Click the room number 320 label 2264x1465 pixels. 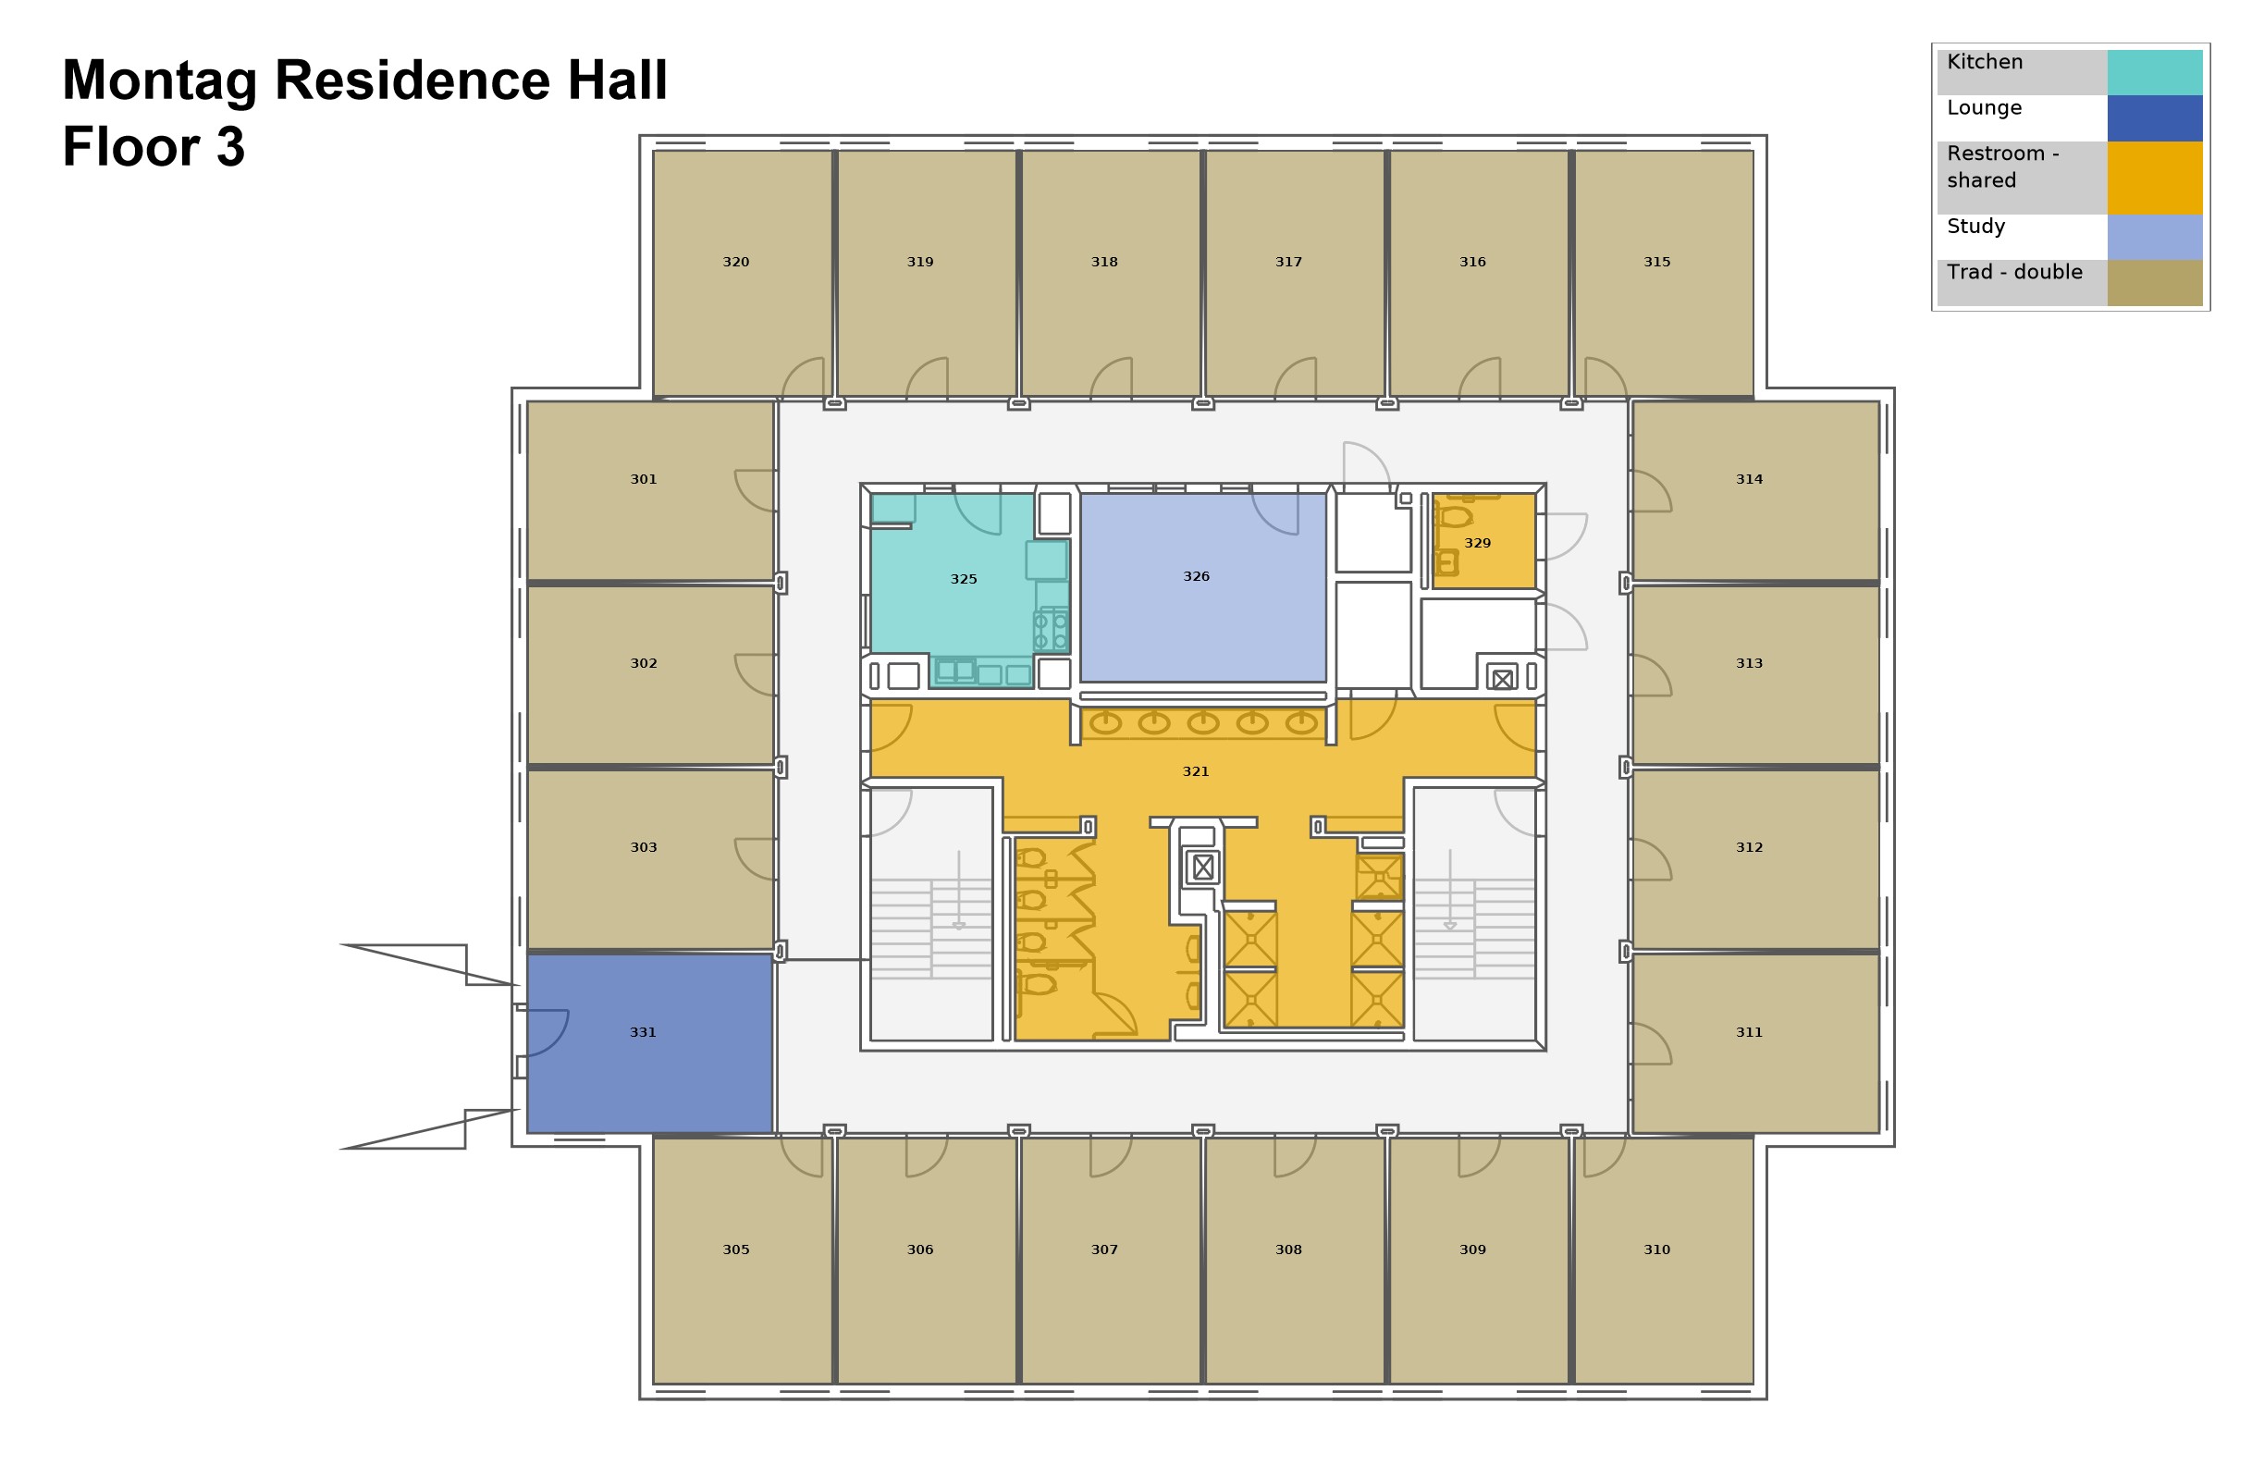tap(735, 262)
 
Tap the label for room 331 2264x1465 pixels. tap(643, 1032)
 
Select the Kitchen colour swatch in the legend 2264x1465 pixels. tap(2155, 72)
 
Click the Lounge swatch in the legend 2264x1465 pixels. tap(2155, 118)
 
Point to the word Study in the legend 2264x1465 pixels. tap(1975, 227)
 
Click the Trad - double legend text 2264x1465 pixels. tap(2013, 272)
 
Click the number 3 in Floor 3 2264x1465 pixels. tap(230, 147)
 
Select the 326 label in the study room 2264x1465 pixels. tap(1196, 576)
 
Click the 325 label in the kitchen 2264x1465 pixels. tap(964, 579)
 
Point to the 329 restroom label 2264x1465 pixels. tap(1477, 543)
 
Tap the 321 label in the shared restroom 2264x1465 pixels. tap(1196, 771)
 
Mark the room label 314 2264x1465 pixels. tap(1750, 479)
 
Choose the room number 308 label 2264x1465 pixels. tap(1288, 1250)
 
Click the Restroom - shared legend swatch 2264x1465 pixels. tap(2155, 178)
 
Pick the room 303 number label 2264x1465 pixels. tap(643, 847)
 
